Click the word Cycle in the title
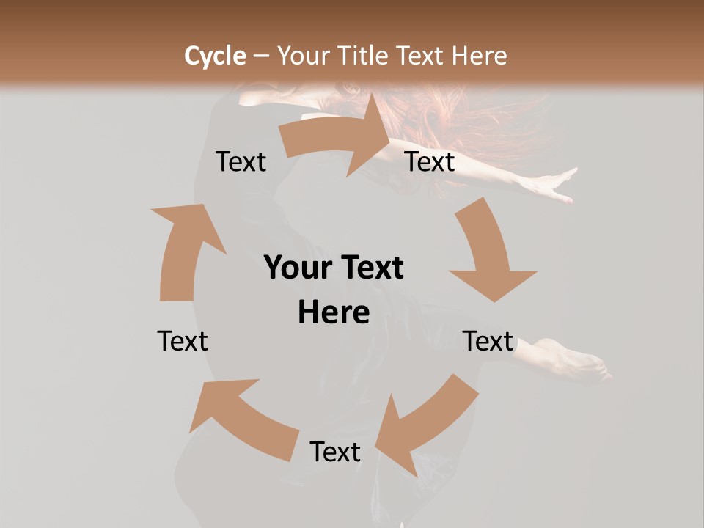point(215,56)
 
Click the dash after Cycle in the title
point(261,56)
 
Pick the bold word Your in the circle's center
point(293,268)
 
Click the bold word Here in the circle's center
point(334,312)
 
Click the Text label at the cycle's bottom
point(334,452)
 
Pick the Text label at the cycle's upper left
point(241,161)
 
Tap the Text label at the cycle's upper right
point(430,161)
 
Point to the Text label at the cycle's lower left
point(183,341)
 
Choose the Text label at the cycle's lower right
point(488,341)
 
